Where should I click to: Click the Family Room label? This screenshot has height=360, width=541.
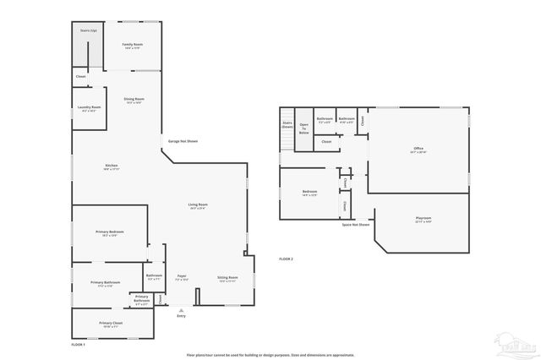pos(133,45)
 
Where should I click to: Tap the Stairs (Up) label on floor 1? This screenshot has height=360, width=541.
pos(89,30)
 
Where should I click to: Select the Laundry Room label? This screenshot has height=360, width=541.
pos(90,108)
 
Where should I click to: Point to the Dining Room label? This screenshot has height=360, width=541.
pos(134,100)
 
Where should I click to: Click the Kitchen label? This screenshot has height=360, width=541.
pos(111,166)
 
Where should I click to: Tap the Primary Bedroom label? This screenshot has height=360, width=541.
pos(110,233)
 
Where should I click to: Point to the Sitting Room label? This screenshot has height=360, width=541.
pos(227,278)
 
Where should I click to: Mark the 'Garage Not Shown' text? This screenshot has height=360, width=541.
pos(183,141)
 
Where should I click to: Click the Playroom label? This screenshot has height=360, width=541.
pos(424,219)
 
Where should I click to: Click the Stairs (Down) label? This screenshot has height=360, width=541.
pos(287,124)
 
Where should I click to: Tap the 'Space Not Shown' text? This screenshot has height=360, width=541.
pos(356,225)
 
